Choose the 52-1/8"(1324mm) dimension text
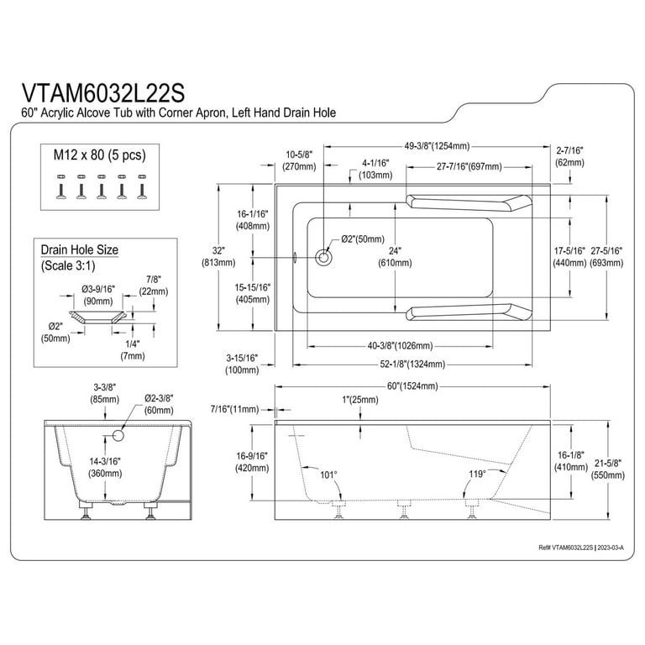tap(411, 364)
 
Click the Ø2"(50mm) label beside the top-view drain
tap(363, 239)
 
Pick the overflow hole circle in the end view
tap(118, 435)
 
